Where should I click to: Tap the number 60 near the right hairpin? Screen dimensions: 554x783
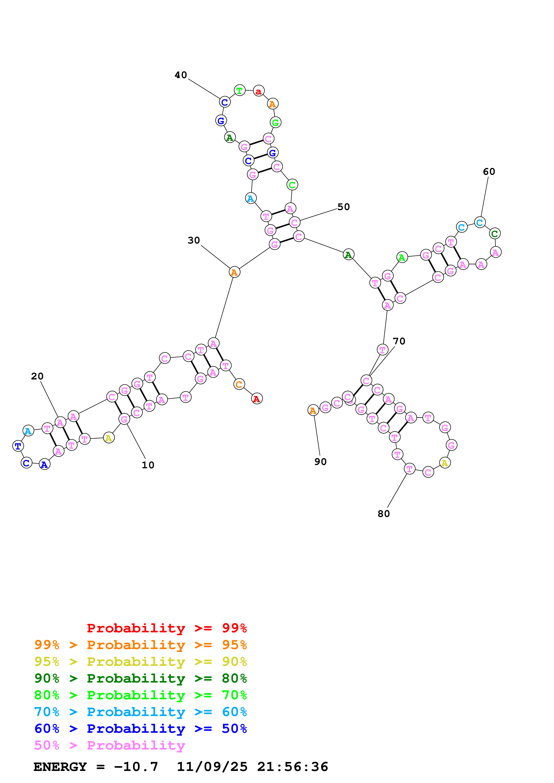click(x=489, y=172)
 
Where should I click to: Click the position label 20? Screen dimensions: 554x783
click(x=37, y=376)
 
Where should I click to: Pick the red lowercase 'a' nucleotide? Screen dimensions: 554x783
click(x=259, y=91)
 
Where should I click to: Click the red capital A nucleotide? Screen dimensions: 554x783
click(x=257, y=398)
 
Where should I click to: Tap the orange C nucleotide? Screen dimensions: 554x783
click(x=239, y=384)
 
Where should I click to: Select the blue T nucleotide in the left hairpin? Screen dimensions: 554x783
click(x=18, y=446)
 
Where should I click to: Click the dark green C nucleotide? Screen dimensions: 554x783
click(x=495, y=234)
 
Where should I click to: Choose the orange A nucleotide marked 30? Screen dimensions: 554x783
click(x=234, y=272)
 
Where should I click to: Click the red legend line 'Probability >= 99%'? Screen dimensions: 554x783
click(x=166, y=628)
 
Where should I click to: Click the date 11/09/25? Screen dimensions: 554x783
click(x=212, y=767)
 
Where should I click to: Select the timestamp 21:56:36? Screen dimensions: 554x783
click(x=293, y=767)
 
